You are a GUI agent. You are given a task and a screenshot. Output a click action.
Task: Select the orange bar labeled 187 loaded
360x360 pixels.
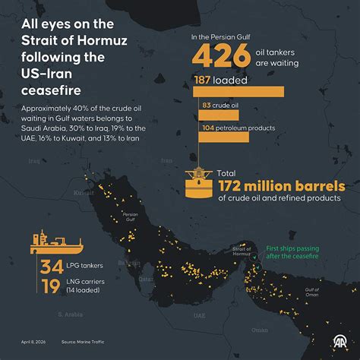click(236, 91)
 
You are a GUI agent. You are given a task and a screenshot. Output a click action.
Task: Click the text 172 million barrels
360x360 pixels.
click(281, 186)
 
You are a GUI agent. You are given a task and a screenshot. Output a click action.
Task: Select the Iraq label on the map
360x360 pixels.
click(33, 161)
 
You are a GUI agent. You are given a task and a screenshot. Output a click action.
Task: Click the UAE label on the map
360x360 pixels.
click(199, 314)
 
